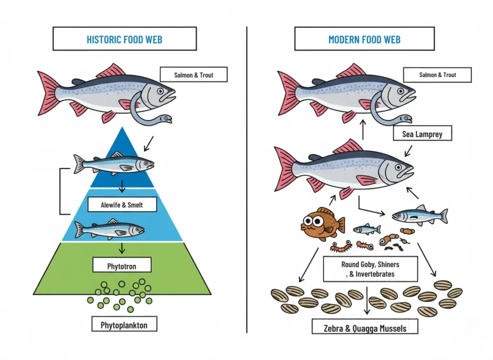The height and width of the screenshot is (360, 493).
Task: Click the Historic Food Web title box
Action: point(124,39)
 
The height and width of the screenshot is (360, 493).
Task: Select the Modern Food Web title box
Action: point(364,39)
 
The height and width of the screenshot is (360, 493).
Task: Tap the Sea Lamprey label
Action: point(422,134)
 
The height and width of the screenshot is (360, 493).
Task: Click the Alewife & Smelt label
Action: point(122,205)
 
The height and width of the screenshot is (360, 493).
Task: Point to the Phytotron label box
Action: point(122,265)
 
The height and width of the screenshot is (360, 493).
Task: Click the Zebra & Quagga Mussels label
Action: point(365,328)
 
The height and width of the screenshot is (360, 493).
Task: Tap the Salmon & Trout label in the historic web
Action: point(194,75)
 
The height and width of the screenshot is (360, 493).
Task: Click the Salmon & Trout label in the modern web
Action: point(437,75)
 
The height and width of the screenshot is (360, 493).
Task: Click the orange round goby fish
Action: point(321,223)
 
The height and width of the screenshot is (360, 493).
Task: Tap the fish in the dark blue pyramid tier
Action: point(114,164)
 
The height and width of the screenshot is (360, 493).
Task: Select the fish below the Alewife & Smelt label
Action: point(109,230)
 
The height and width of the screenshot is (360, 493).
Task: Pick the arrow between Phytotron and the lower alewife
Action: point(122,248)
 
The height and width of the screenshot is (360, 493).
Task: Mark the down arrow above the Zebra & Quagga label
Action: point(368,301)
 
